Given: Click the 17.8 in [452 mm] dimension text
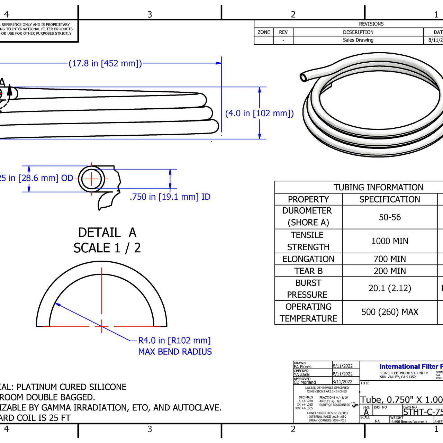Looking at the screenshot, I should (x=105, y=64).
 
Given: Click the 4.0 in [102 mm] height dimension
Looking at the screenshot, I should (x=259, y=114).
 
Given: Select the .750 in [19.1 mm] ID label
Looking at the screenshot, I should (x=170, y=197).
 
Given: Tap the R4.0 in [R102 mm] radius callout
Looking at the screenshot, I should (x=174, y=341).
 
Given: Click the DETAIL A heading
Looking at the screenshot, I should (x=107, y=233).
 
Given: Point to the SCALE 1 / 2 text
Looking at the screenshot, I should (x=107, y=248).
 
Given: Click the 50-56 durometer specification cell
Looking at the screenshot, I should (x=390, y=217).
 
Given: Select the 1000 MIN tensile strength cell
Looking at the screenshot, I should (x=390, y=241).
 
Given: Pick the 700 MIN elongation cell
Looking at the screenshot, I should (x=390, y=259).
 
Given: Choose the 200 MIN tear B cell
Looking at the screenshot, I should (x=390, y=271).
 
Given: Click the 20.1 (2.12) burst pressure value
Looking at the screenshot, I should (x=390, y=288).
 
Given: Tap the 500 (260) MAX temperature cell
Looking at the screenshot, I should (x=390, y=312).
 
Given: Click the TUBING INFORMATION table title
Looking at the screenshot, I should (x=378, y=188).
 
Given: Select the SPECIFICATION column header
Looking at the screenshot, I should (x=390, y=200).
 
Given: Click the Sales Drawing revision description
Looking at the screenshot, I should (x=358, y=40).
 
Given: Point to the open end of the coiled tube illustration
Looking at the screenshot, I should (x=304, y=77).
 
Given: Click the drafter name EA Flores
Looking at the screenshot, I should (x=302, y=367).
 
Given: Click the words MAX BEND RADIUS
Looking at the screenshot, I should (x=175, y=352).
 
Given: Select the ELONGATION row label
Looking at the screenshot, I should (x=308, y=259).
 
